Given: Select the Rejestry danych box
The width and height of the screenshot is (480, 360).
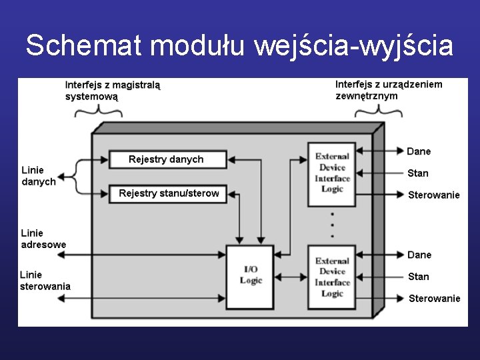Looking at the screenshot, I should click(166, 159).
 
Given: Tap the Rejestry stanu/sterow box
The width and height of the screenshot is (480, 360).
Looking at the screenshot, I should click(169, 193).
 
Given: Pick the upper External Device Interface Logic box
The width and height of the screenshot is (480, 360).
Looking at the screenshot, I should click(332, 173).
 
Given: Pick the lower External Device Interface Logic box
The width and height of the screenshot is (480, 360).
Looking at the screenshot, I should click(332, 277).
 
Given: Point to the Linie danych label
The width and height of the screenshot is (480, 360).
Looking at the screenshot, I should click(39, 176).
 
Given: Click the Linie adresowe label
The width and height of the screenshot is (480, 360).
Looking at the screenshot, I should click(43, 239).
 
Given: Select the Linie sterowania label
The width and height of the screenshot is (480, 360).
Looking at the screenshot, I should click(45, 280).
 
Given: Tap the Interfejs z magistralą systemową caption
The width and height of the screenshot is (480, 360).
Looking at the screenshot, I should click(113, 91).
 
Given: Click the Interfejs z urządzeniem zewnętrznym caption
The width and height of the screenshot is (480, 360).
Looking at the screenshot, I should click(388, 90).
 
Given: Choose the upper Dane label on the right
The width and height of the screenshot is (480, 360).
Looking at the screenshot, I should click(419, 151).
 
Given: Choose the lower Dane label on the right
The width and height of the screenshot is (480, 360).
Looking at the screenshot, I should click(419, 255).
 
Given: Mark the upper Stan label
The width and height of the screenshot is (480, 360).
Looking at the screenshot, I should click(418, 173).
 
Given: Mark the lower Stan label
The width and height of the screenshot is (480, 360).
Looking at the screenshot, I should click(418, 276).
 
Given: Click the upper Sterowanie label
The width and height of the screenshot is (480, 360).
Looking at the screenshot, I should click(434, 195).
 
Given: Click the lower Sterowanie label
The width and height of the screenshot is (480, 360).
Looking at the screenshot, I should click(434, 298).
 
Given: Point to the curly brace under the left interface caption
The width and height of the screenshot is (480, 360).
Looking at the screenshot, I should click(98, 111).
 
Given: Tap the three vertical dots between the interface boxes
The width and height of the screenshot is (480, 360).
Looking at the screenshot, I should click(332, 226).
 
